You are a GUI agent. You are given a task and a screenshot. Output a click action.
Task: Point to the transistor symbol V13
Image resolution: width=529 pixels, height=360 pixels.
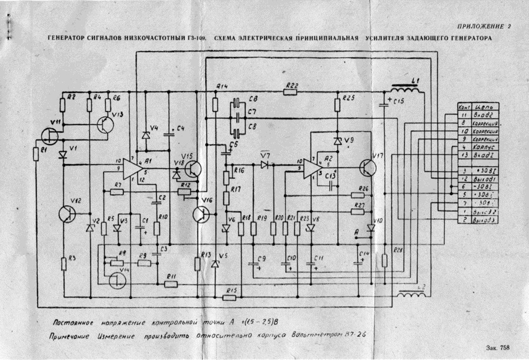[106, 125]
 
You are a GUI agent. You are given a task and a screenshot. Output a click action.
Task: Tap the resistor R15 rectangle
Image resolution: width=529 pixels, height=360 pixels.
[230, 290]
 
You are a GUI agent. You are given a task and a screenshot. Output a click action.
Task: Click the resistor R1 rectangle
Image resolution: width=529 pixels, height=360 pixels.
[36, 155]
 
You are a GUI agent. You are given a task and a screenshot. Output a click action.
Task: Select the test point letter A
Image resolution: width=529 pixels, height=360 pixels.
[356, 232]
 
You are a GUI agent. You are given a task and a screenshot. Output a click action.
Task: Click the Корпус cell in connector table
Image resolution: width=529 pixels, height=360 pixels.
[486, 147]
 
